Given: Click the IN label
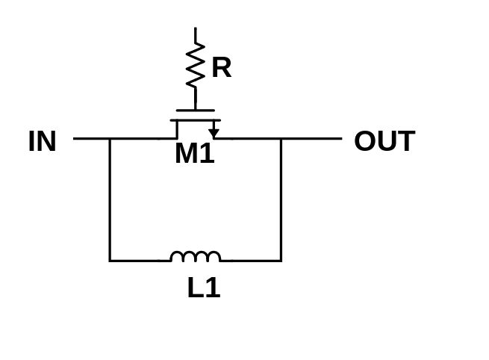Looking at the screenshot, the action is (43, 141).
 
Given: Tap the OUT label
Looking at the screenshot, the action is (384, 141).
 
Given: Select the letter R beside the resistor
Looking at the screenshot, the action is (222, 67).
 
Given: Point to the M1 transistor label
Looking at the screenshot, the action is (195, 153).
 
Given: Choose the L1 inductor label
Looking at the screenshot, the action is (205, 288).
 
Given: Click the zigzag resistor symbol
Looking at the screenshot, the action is (196, 65).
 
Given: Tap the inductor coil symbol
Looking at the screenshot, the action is (196, 256).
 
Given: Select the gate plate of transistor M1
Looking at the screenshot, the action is (196, 111).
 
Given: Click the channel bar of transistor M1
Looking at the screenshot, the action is (196, 120).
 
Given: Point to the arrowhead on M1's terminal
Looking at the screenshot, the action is (214, 133).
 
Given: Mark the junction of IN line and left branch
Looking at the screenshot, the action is (110, 138).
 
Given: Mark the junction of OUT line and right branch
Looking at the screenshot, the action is (281, 138).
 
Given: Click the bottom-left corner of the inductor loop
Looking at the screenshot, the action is (110, 261).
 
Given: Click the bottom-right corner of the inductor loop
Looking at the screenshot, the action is (281, 261).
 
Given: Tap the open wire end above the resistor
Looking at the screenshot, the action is (196, 28).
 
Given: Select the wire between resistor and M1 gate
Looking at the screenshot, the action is (196, 99).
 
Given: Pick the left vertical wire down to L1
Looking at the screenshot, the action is (110, 199).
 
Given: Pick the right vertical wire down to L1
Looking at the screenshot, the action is (281, 199).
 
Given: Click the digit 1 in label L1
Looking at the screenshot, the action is (214, 288).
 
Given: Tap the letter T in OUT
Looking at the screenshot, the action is (405, 141).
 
